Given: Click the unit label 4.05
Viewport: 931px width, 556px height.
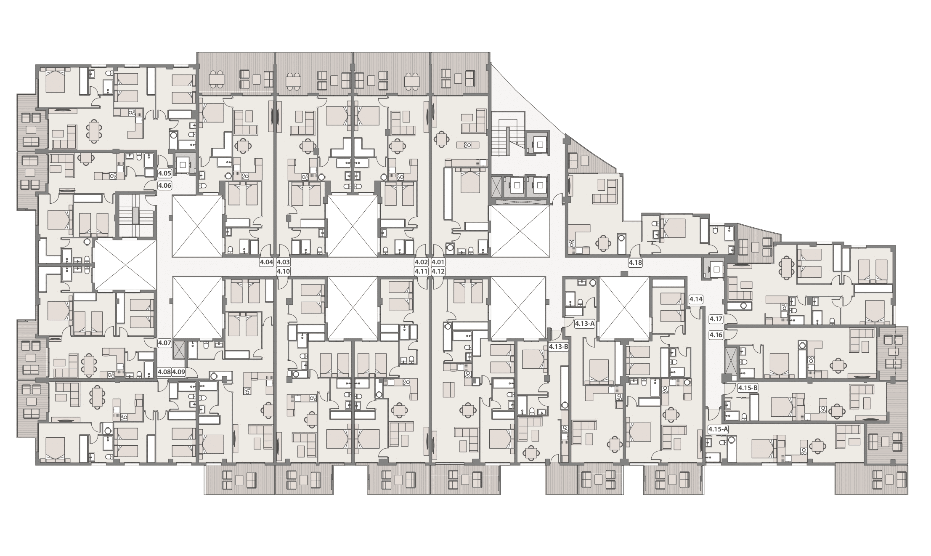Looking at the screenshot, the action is click(x=164, y=173).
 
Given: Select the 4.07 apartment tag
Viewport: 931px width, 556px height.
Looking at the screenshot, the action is click(x=164, y=343).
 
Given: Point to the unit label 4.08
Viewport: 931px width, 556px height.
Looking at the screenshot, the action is click(x=164, y=372).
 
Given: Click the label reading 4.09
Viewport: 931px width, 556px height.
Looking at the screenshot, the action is click(x=179, y=372).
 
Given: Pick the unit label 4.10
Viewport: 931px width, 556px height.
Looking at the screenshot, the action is click(x=284, y=272).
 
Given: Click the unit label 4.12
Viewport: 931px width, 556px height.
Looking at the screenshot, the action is click(x=438, y=272).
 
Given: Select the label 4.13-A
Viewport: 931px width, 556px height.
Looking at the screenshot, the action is click(x=585, y=324).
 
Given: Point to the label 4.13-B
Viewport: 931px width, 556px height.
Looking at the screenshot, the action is click(x=559, y=347).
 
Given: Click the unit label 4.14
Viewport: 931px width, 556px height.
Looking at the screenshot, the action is click(x=696, y=300).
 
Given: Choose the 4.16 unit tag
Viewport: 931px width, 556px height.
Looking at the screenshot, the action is click(x=716, y=335).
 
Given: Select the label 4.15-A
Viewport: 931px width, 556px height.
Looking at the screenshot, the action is click(x=718, y=430).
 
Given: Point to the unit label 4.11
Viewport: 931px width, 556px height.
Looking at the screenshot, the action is click(x=421, y=272).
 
